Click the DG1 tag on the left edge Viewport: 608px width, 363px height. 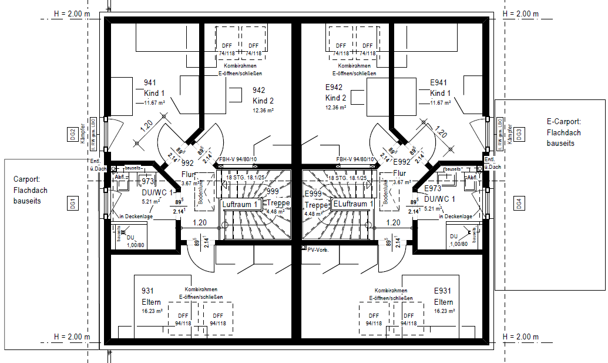click(73, 204)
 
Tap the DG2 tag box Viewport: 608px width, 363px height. click(72, 135)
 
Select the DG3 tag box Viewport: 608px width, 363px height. click(519, 135)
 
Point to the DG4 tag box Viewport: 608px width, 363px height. click(519, 204)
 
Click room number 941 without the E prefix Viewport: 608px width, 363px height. click(150, 83)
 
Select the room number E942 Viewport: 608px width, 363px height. click(334, 87)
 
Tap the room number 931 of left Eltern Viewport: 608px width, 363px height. click(148, 292)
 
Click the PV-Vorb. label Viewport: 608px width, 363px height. click(318, 249)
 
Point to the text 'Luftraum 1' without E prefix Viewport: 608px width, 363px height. click(241, 204)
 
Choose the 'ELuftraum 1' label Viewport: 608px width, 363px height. click(353, 204)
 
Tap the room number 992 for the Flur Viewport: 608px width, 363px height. click(187, 163)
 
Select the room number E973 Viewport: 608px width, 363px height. click(433, 188)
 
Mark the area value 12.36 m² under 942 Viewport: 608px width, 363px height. click(264, 110)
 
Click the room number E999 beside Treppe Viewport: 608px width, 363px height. click(314, 194)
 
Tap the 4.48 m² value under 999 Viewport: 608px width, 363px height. click(275, 212)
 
